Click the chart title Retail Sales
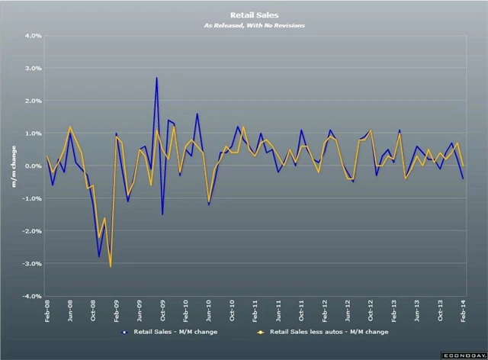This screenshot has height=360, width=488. [x=243, y=14]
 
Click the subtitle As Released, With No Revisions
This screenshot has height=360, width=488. [x=243, y=26]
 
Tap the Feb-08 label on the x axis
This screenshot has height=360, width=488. [x=47, y=312]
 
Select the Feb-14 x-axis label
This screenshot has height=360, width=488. [x=463, y=312]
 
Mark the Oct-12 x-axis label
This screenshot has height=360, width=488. [x=371, y=312]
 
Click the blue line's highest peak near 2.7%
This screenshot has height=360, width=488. [x=156, y=78]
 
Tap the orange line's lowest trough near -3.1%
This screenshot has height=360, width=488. [x=111, y=266]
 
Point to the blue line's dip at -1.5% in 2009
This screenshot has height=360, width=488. [x=162, y=214]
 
